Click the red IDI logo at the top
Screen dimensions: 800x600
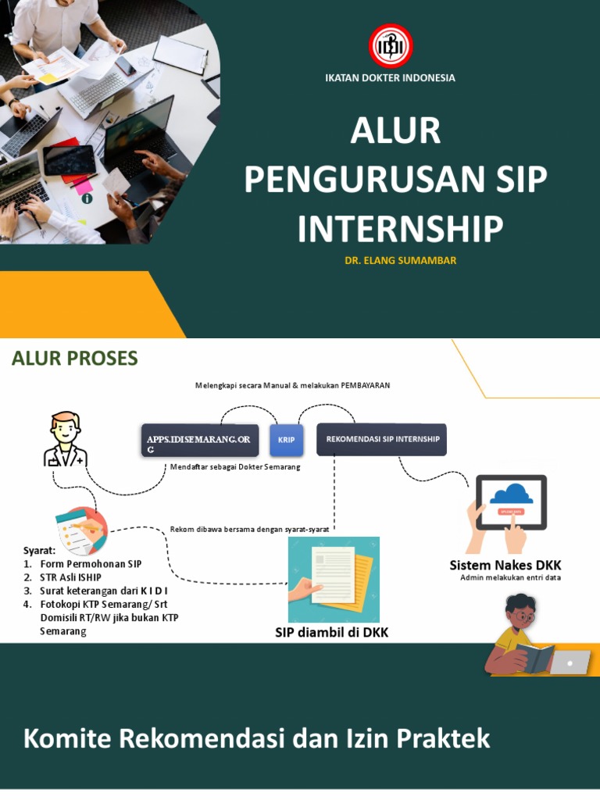tap(391, 45)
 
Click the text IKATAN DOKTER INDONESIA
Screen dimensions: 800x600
tap(390, 78)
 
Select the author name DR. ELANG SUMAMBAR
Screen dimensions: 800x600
tap(401, 261)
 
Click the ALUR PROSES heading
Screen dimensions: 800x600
tap(74, 359)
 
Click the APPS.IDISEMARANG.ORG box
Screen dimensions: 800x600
tap(199, 441)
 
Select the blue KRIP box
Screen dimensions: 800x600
tap(287, 440)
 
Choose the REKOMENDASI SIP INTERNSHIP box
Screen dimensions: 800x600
tap(381, 439)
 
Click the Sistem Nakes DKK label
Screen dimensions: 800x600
tap(505, 565)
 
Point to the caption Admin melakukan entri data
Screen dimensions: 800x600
tap(510, 578)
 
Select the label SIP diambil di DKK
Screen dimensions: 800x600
tap(331, 633)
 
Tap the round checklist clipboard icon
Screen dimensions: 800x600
tap(82, 530)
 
